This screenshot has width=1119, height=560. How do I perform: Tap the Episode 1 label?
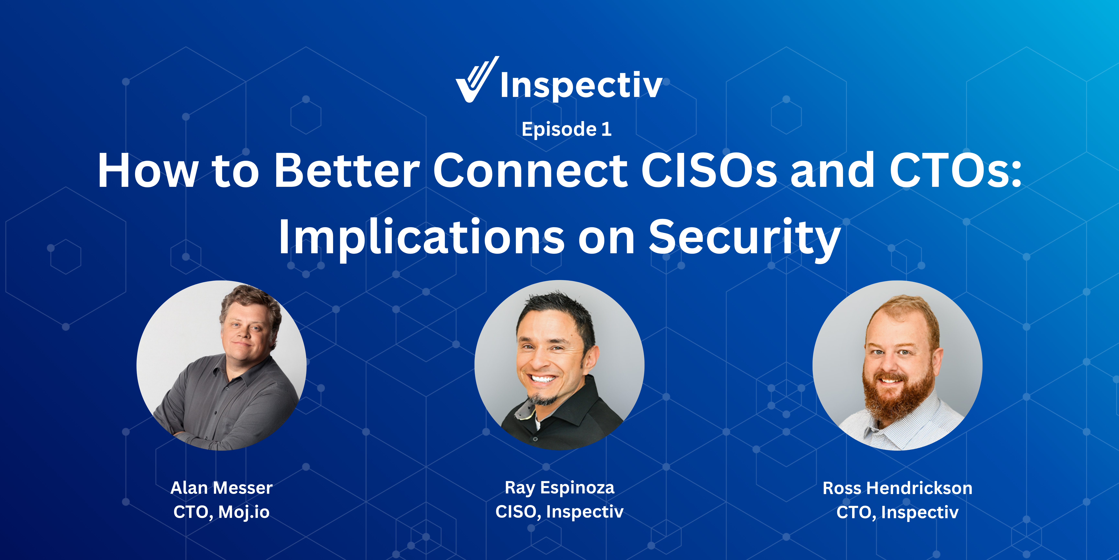pyautogui.click(x=566, y=129)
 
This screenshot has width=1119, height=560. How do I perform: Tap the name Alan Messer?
pyautogui.click(x=221, y=488)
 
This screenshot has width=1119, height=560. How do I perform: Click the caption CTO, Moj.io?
pyautogui.click(x=221, y=512)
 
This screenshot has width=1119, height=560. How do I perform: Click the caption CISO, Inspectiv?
pyautogui.click(x=559, y=512)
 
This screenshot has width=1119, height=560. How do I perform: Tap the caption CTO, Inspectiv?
pyautogui.click(x=898, y=512)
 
